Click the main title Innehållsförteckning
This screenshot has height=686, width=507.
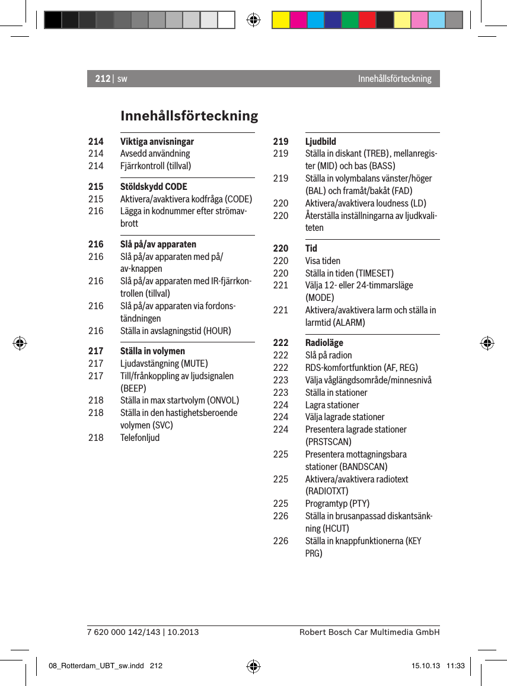click(x=189, y=115)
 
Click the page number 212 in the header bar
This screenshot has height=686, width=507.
click(x=102, y=78)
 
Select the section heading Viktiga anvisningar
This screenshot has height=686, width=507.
click(x=157, y=141)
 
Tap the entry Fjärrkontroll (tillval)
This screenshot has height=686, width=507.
click(x=155, y=166)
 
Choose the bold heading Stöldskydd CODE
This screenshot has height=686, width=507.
click(x=153, y=186)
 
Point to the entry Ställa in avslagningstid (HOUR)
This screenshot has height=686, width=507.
click(x=176, y=331)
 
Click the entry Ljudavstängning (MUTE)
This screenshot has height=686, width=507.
click(x=164, y=363)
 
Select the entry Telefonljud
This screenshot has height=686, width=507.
click(x=139, y=437)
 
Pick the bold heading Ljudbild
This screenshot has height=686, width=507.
click(x=320, y=141)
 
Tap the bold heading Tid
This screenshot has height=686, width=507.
click(x=311, y=248)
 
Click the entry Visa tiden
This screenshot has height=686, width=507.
click(x=323, y=261)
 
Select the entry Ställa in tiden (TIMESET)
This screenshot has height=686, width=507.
click(x=349, y=273)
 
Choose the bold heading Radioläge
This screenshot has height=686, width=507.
click(x=324, y=342)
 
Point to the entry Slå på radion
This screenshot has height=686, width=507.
click(x=328, y=355)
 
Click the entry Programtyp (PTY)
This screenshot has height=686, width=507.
click(x=337, y=504)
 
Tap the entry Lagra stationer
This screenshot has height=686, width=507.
click(x=332, y=405)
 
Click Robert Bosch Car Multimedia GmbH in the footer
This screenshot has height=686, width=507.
click(x=369, y=632)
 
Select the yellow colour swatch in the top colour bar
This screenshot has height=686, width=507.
click(x=280, y=20)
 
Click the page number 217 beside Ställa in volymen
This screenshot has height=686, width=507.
click(x=95, y=351)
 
